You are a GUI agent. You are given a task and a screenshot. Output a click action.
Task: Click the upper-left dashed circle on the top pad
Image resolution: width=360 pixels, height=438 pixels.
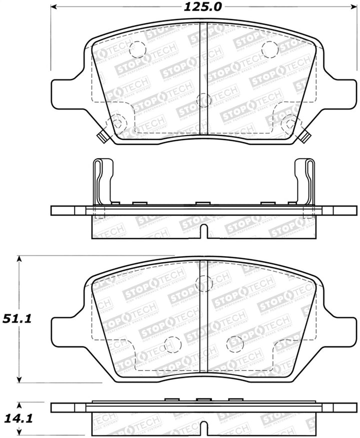tap(136, 49)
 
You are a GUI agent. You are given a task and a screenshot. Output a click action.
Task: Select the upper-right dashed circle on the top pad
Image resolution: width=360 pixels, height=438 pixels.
tap(269, 49)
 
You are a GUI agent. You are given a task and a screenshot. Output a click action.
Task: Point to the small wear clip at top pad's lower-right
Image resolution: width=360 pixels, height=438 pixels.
tap(305, 135)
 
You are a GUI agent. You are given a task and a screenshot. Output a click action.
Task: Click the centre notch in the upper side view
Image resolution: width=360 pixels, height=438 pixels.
tap(203, 231)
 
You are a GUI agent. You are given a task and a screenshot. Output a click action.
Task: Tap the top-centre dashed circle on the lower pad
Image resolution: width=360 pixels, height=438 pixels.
tap(204, 283)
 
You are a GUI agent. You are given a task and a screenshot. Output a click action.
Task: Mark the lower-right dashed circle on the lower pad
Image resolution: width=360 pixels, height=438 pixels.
tap(234, 344)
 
